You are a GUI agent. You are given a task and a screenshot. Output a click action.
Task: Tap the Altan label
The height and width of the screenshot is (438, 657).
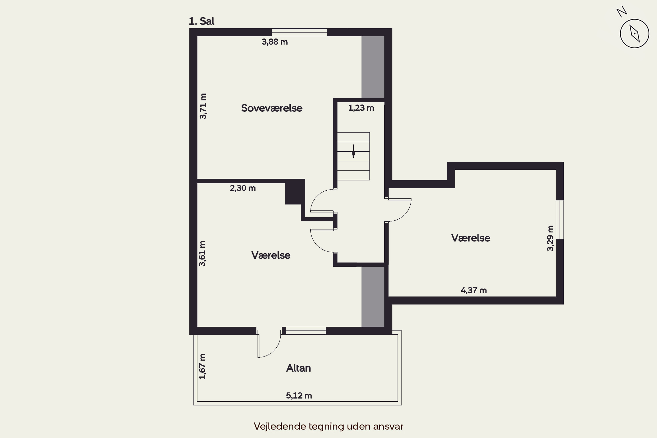(x=298, y=368)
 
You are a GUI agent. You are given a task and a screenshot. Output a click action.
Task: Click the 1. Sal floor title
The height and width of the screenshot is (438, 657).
(x=202, y=21)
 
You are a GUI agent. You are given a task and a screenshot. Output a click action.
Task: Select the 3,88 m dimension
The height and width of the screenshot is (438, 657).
(x=275, y=42)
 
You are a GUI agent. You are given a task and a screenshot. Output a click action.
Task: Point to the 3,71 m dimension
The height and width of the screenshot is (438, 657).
(x=203, y=106)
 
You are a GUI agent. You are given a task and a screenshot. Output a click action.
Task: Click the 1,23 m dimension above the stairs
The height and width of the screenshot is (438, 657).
(x=361, y=108)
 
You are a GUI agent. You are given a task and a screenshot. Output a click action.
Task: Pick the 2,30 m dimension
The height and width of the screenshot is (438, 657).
(x=243, y=188)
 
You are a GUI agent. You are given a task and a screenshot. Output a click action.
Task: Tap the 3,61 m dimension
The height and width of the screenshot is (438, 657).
(x=202, y=253)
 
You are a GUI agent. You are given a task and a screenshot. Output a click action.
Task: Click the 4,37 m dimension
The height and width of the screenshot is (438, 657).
(x=474, y=290)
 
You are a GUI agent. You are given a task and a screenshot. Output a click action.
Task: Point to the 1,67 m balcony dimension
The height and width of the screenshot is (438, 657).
(x=203, y=366)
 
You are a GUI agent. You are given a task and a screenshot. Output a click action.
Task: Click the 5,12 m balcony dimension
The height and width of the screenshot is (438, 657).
(x=299, y=396)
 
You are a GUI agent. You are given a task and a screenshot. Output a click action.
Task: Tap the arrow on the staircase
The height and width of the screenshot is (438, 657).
(x=354, y=151)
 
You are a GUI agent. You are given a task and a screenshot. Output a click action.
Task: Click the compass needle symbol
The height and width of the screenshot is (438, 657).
(x=634, y=34)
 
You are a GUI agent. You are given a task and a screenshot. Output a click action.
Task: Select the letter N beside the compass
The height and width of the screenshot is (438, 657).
(x=622, y=12)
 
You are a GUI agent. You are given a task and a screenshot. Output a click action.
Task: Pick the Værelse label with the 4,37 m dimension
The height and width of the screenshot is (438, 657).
(x=471, y=238)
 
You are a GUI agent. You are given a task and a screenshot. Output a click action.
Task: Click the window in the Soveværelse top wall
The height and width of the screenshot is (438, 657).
(x=299, y=32)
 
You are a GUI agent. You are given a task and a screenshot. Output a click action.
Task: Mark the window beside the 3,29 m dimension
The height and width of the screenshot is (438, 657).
(x=560, y=220)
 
